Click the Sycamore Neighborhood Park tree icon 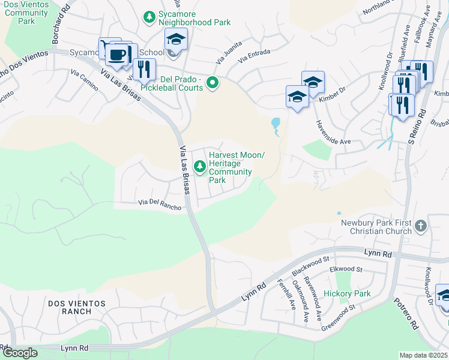click(149, 17)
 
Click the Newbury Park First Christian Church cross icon click(421, 226)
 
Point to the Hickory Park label click(347, 293)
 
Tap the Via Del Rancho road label click(160, 204)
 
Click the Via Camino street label click(85, 79)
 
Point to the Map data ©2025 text click(423, 355)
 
